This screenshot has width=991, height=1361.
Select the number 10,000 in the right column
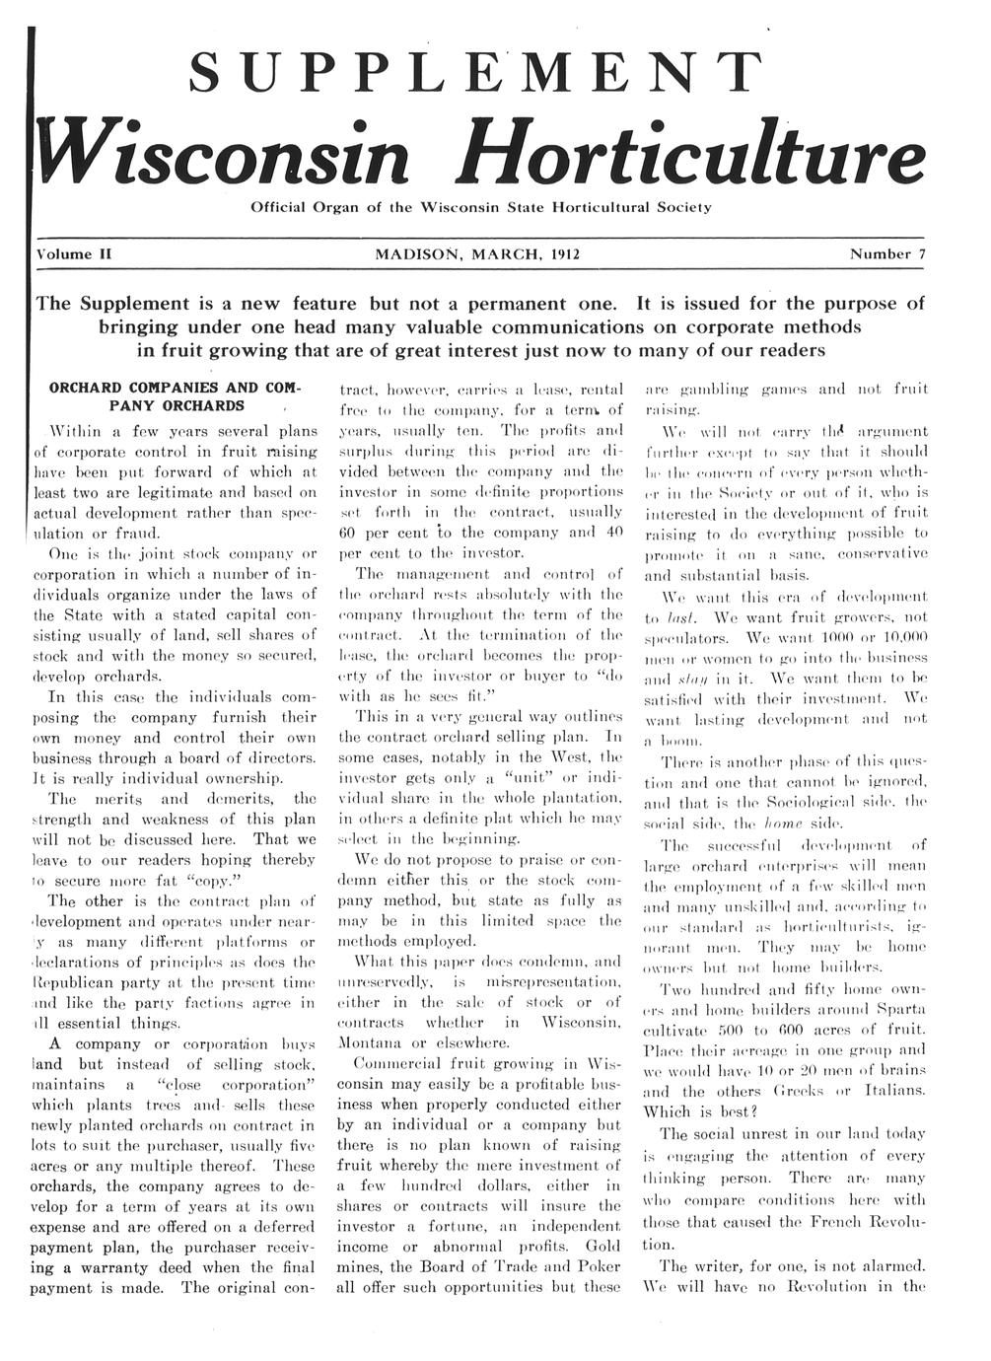893,636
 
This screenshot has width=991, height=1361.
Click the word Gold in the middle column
602,1246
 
